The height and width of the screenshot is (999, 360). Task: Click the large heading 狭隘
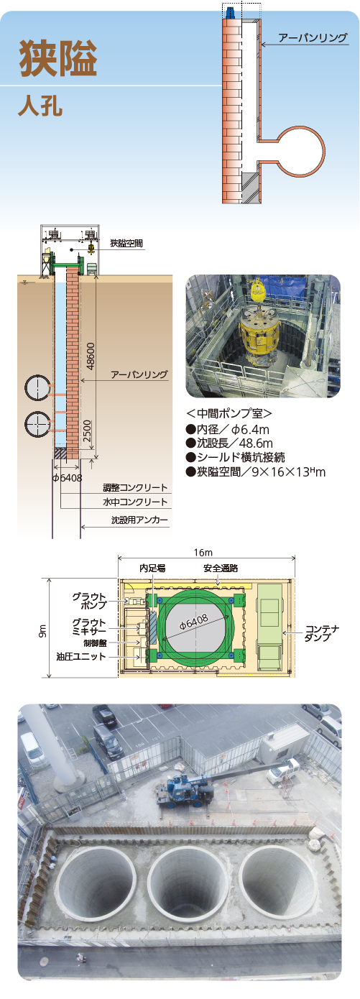(x=57, y=57)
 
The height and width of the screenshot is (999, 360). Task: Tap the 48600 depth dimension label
(x=91, y=356)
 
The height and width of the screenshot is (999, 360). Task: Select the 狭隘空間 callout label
(x=126, y=244)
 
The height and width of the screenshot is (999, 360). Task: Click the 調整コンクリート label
(x=135, y=487)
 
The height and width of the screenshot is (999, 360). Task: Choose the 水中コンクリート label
(x=135, y=502)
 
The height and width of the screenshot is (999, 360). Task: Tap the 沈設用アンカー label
(x=139, y=520)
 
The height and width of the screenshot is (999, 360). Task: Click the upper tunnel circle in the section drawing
(x=37, y=387)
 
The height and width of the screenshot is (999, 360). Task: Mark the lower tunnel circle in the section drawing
(x=37, y=424)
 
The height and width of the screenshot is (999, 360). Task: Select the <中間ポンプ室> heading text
(x=229, y=413)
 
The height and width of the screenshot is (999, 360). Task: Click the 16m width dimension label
(x=203, y=553)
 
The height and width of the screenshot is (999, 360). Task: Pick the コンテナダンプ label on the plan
(x=322, y=633)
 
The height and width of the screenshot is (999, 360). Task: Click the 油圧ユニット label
(x=81, y=657)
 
